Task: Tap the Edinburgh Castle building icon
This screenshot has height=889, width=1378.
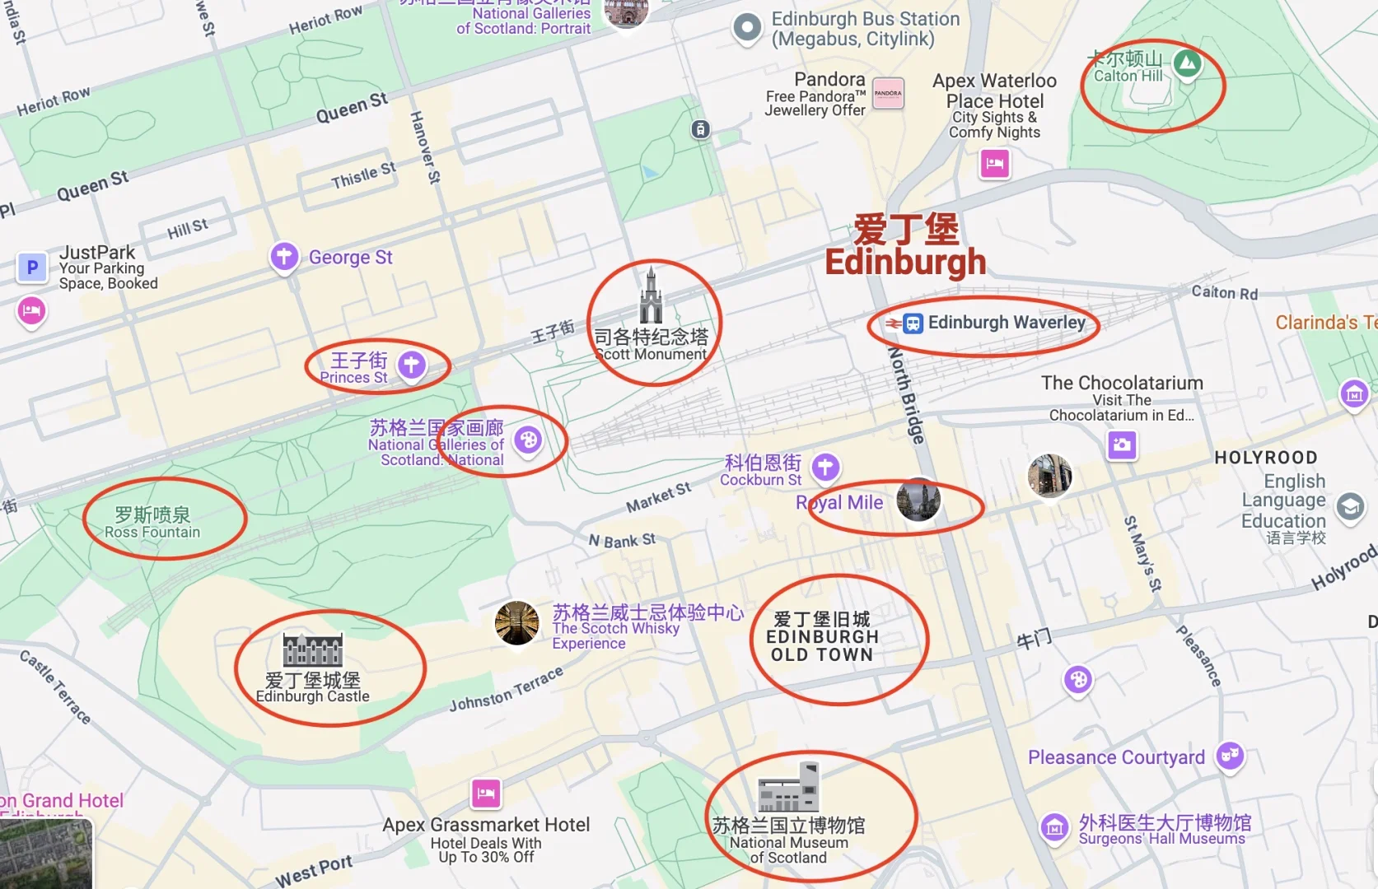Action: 313,649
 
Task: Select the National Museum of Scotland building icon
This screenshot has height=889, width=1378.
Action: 788,788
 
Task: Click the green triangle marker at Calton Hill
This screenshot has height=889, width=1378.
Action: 1187,63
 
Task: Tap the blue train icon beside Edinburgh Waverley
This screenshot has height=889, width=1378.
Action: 913,323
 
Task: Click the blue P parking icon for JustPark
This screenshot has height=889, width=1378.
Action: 32,268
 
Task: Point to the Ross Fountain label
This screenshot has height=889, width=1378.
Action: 152,523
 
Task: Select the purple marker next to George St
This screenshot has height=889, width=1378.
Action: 284,256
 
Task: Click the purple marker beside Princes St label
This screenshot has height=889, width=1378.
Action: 412,364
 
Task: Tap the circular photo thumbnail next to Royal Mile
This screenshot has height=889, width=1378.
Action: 918,500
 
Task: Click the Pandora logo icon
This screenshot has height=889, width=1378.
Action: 888,93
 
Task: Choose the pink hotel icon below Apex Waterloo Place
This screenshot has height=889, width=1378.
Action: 995,163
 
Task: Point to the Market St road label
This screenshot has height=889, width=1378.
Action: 658,497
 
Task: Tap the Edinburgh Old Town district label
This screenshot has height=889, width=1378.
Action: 822,637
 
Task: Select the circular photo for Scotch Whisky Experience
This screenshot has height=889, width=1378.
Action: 517,623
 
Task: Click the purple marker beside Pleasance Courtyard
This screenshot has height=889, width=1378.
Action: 1230,754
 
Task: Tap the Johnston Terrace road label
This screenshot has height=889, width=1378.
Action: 506,690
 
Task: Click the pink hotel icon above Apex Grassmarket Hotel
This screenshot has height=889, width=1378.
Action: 486,794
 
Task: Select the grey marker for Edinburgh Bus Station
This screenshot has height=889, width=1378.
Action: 747,28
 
